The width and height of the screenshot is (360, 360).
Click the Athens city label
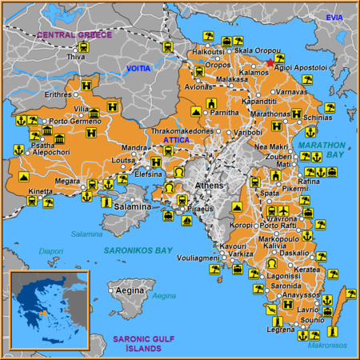(x=210, y=185)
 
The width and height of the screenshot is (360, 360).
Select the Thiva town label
(x=76, y=57)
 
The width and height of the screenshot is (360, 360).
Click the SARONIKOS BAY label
(x=138, y=250)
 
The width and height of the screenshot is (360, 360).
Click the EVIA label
(x=334, y=17)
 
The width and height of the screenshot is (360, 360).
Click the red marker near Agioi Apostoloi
(x=270, y=58)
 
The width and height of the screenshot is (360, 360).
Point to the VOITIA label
(x=138, y=69)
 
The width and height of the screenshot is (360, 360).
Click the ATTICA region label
(x=176, y=140)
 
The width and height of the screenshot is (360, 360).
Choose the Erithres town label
(x=58, y=94)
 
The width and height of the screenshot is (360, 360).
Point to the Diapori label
(x=50, y=250)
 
